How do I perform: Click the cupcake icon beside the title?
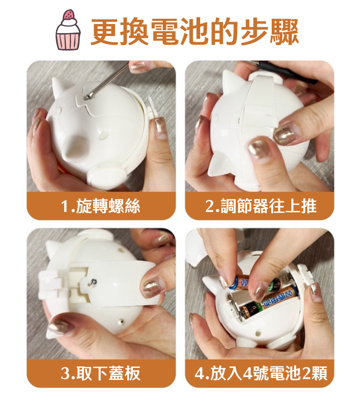click(68, 30)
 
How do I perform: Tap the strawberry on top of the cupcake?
click(69, 14)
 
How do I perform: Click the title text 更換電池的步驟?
click(194, 32)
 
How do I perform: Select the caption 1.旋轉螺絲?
click(101, 206)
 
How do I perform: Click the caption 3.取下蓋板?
click(101, 373)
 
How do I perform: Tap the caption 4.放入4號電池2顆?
click(261, 373)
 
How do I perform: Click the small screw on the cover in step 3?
click(94, 281)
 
